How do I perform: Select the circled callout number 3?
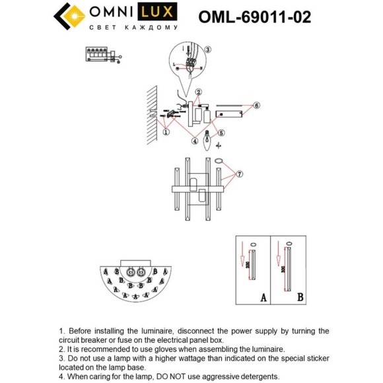(x=207, y=50)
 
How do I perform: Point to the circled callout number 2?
(x=197, y=92)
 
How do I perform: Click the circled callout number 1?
(x=166, y=132)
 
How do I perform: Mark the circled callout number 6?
(x=256, y=105)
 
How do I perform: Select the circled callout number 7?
(x=240, y=174)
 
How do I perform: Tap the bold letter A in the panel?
(x=262, y=297)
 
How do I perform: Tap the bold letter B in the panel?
(x=300, y=297)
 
